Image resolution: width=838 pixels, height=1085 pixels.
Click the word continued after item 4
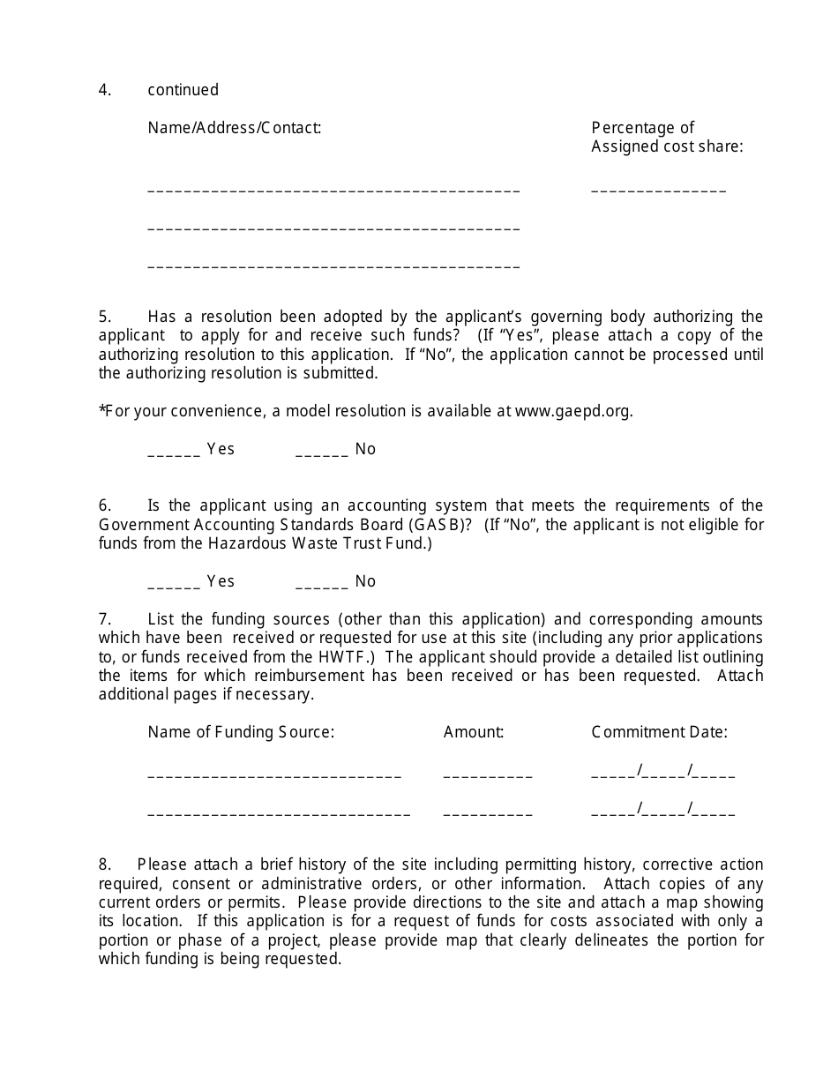coord(183,90)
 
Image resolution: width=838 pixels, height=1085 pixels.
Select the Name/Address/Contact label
coord(234,128)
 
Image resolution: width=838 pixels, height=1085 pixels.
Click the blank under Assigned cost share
coord(658,189)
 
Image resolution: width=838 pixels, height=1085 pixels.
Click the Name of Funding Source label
coord(241,732)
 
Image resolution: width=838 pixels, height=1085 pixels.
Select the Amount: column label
coord(474,732)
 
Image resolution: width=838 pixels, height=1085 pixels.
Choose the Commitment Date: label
coord(659,732)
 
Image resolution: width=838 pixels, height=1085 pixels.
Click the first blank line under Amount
coord(488,775)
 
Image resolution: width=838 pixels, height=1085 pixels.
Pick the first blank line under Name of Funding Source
coord(274,775)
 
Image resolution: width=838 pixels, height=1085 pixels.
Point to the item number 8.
coord(105,864)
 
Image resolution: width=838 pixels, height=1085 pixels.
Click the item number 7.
coord(105,619)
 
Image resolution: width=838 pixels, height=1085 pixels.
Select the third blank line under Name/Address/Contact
coord(333,265)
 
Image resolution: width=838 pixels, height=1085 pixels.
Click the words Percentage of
coord(642,128)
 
